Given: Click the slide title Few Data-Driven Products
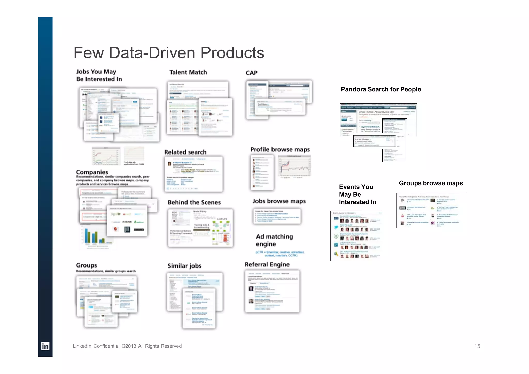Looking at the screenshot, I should click(169, 53).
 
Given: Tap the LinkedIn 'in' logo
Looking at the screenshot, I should click(45, 346).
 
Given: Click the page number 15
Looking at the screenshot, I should click(477, 346).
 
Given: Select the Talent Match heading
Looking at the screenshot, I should click(188, 72).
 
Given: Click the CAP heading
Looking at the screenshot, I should click(251, 73).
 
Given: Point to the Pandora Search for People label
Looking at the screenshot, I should click(381, 89).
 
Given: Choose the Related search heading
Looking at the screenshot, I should click(185, 152).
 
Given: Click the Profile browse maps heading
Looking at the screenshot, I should click(280, 149).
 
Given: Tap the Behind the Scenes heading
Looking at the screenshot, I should click(194, 202).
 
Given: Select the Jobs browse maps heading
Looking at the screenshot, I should click(279, 201).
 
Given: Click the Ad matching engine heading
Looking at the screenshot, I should click(274, 240).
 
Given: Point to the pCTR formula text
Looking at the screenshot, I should click(280, 254).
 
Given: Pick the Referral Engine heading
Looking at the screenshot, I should click(267, 264).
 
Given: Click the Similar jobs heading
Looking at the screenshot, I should click(184, 266).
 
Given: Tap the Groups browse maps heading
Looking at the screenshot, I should click(431, 183).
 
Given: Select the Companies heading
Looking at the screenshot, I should click(92, 172).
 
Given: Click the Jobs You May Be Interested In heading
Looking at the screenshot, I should click(99, 75).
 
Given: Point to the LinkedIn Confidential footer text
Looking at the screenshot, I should click(127, 346).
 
